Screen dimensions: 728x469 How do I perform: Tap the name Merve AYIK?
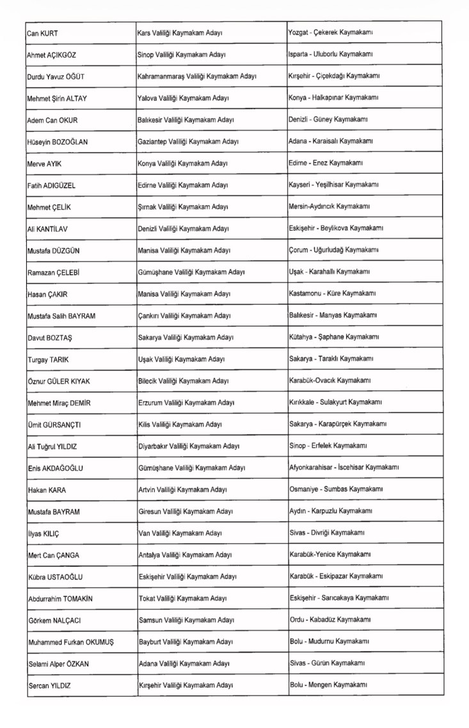[x=45, y=163]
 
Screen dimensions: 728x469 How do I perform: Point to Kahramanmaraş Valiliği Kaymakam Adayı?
[x=197, y=76]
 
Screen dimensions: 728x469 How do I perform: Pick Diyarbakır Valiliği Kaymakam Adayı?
[x=189, y=446]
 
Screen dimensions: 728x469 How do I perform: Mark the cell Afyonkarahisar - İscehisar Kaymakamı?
[x=344, y=468]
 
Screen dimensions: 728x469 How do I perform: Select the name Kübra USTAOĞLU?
[x=56, y=577]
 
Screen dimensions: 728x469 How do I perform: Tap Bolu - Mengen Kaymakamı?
[x=328, y=685]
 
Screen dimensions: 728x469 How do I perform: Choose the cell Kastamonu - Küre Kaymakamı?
[x=332, y=293]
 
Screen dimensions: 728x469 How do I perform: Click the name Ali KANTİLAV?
[x=51, y=228]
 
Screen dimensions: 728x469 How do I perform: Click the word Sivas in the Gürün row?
[x=298, y=663]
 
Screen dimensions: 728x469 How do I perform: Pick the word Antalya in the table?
[x=150, y=555]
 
